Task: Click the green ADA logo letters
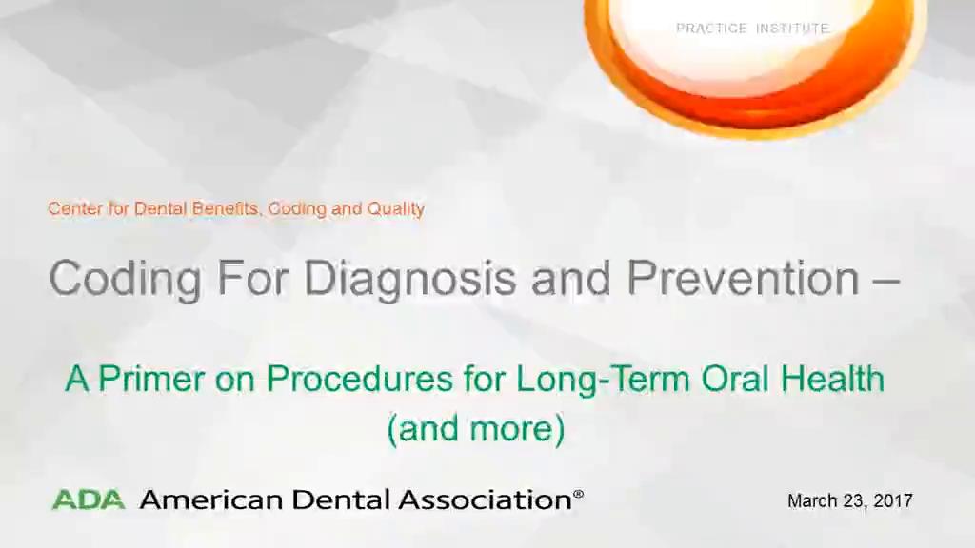(x=89, y=499)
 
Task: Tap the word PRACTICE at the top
(x=711, y=29)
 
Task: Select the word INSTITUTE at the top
(x=792, y=29)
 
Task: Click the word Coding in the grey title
(x=125, y=280)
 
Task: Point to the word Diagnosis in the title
(x=410, y=280)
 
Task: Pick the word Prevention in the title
(x=743, y=278)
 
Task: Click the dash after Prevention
(x=886, y=282)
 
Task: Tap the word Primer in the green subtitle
(x=151, y=379)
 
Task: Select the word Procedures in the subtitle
(x=359, y=379)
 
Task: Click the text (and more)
(x=476, y=429)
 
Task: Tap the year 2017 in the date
(x=893, y=500)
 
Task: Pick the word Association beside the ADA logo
(x=486, y=499)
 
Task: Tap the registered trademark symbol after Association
(x=578, y=495)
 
